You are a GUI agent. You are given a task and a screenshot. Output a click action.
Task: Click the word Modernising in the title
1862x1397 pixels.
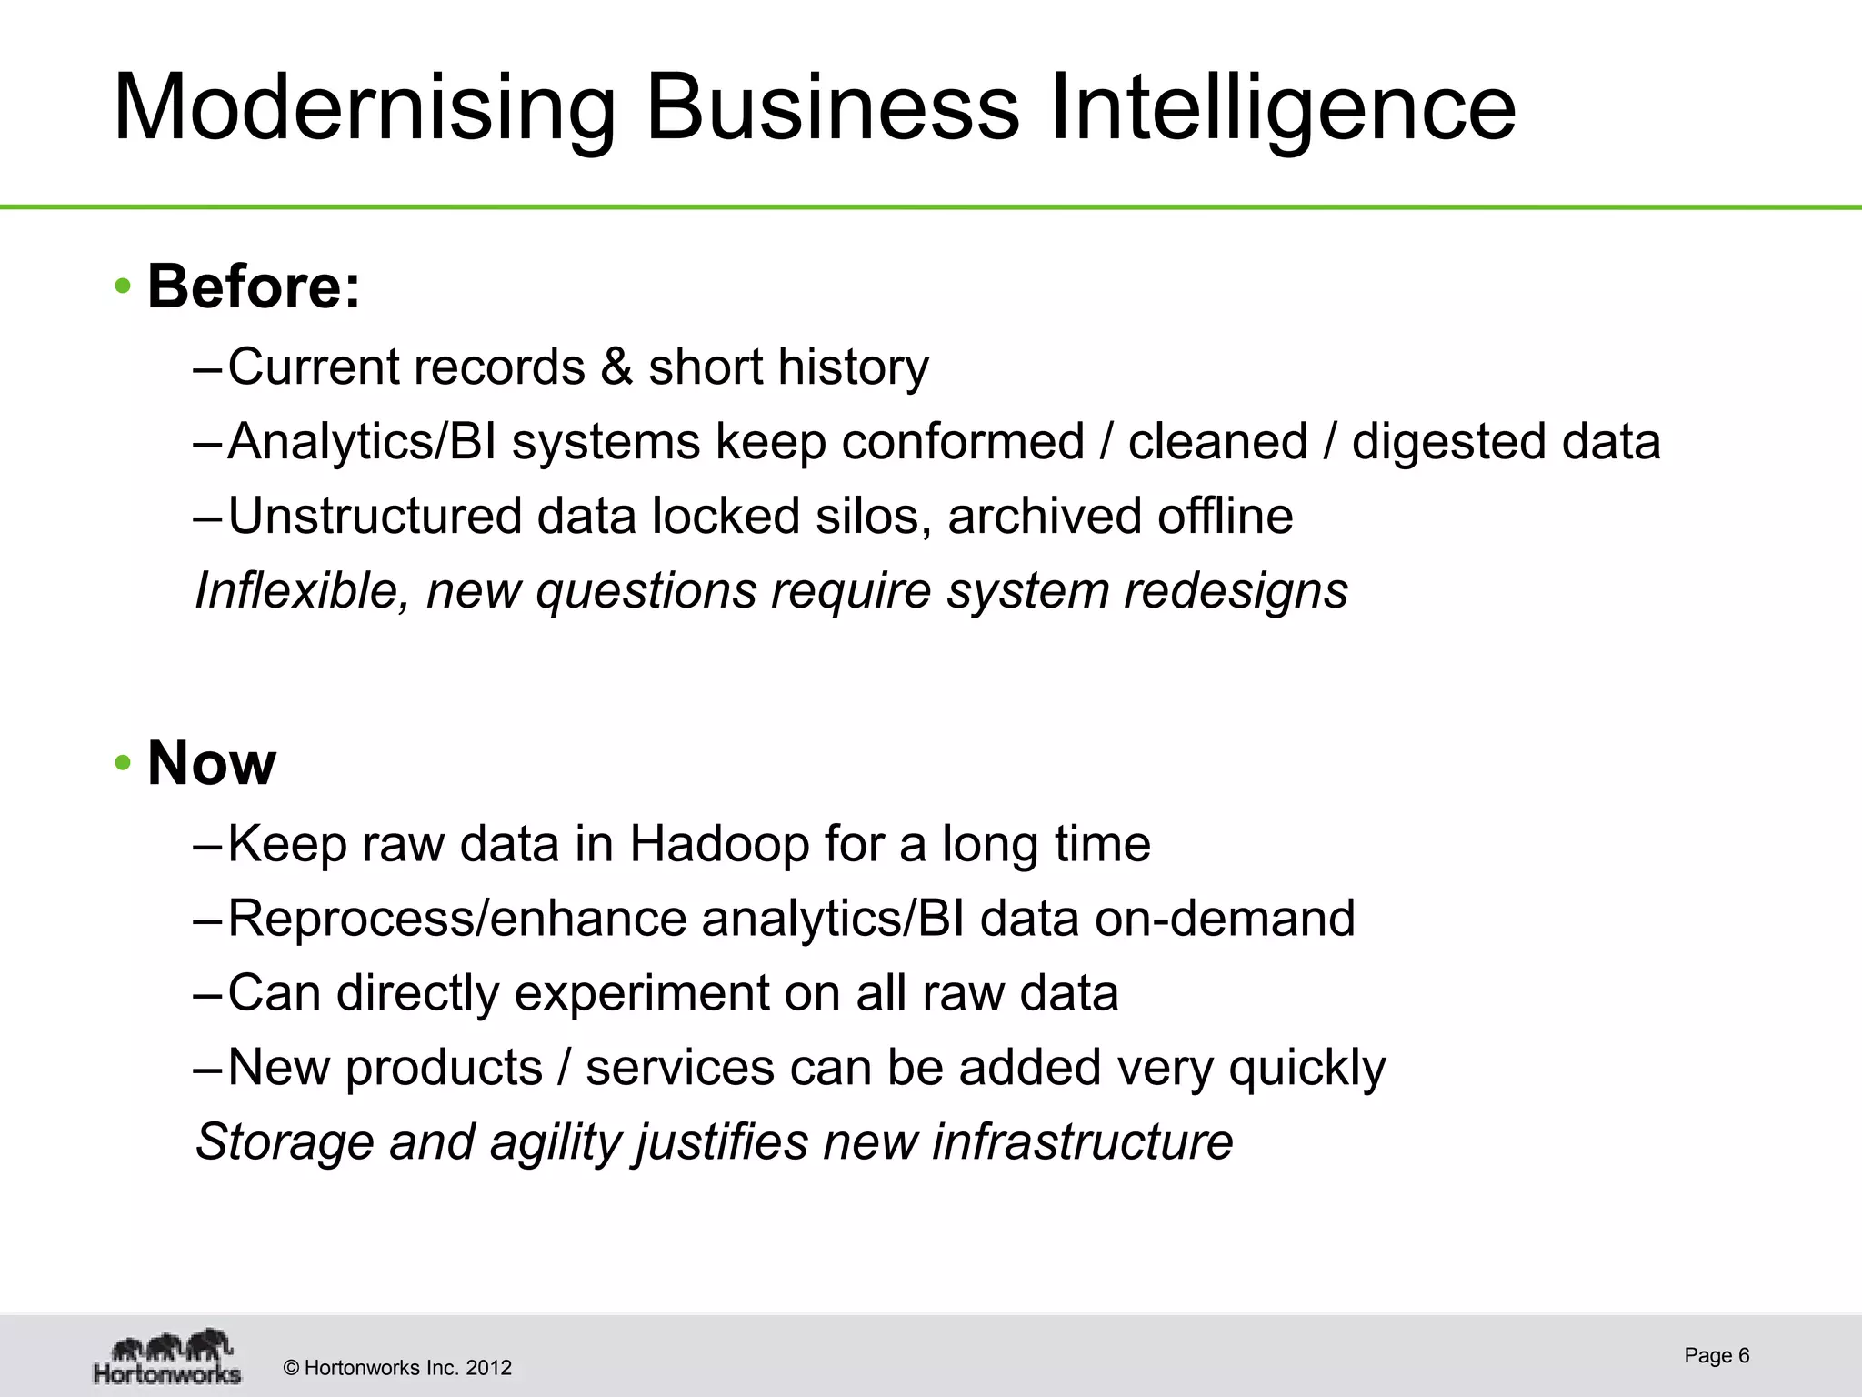coord(365,108)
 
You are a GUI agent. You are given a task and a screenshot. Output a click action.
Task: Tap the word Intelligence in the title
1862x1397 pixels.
coord(1282,108)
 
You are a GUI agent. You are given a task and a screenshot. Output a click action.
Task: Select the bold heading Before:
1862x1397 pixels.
coord(254,286)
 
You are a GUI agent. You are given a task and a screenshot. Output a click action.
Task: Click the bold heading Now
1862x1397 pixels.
coord(211,763)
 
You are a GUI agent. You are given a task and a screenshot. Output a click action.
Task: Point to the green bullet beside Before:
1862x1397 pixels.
coord(123,287)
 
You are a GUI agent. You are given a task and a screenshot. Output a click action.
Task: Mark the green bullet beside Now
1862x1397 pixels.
coord(123,763)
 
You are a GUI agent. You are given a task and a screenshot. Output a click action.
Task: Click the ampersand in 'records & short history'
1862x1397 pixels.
coord(616,367)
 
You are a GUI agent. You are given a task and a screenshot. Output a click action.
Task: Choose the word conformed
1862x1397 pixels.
coord(963,442)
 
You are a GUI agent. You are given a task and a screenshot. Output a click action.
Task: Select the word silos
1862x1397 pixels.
coord(873,517)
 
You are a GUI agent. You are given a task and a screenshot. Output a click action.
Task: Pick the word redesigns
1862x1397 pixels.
coord(1236,591)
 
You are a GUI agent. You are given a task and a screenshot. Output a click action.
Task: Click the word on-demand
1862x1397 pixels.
coord(1225,919)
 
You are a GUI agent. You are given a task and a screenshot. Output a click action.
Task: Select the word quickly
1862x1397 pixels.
coord(1307,1068)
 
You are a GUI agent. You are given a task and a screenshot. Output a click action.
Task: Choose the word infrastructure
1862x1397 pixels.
coord(1082,1142)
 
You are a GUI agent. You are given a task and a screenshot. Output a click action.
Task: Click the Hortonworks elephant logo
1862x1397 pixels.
coord(167,1356)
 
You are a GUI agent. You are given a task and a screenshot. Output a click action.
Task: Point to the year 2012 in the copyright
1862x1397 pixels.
coord(488,1368)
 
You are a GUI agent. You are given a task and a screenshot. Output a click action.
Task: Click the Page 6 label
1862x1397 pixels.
coord(1717,1355)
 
